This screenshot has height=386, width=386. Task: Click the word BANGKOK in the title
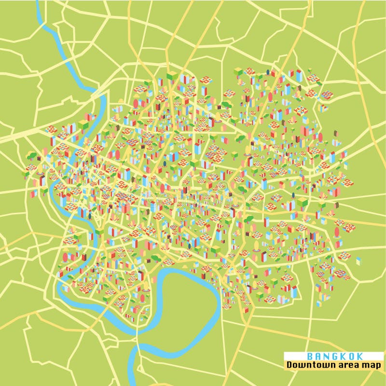pos(333,356)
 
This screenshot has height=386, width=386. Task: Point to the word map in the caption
pos(372,365)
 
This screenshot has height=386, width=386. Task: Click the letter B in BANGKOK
pos(309,356)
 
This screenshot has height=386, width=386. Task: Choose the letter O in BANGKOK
pos(349,356)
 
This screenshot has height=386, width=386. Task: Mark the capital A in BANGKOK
pos(317,356)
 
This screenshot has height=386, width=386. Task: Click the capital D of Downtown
pos(289,365)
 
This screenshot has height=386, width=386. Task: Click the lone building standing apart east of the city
pos(358,261)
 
